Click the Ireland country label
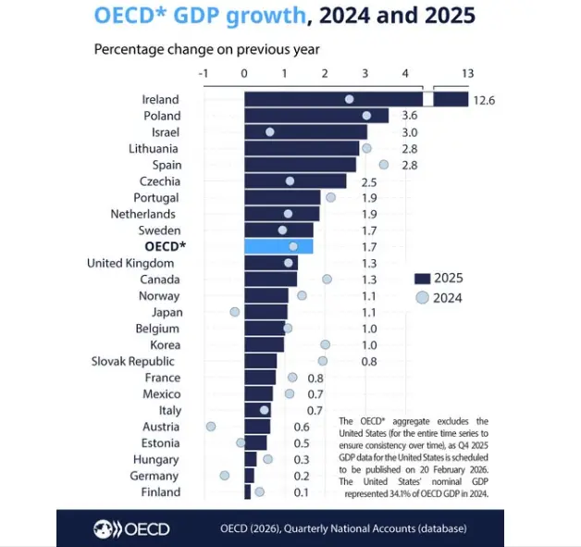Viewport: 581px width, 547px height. click(x=161, y=99)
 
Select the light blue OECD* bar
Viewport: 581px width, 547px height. click(x=278, y=246)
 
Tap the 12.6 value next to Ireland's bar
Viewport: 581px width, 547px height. click(x=485, y=100)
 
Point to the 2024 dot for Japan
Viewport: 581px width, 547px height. click(x=235, y=312)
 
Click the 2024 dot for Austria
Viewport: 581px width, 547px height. click(x=211, y=427)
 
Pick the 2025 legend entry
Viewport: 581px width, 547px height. click(x=439, y=278)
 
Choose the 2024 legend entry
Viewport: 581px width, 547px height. click(x=439, y=297)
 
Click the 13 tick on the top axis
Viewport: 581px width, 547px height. click(x=467, y=74)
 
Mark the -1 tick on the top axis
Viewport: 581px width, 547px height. click(x=204, y=74)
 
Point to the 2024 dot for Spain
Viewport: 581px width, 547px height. click(x=384, y=165)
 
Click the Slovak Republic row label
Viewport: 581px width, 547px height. click(x=136, y=361)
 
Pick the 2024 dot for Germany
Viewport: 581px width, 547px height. click(x=224, y=476)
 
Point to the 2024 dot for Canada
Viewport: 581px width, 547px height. click(x=327, y=279)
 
